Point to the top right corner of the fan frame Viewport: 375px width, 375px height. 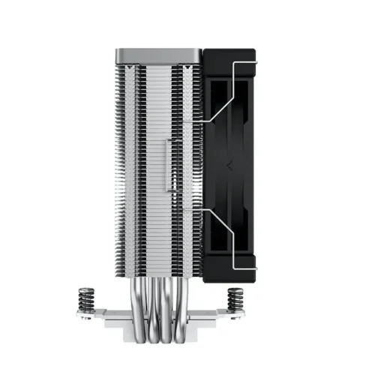[253, 52]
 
